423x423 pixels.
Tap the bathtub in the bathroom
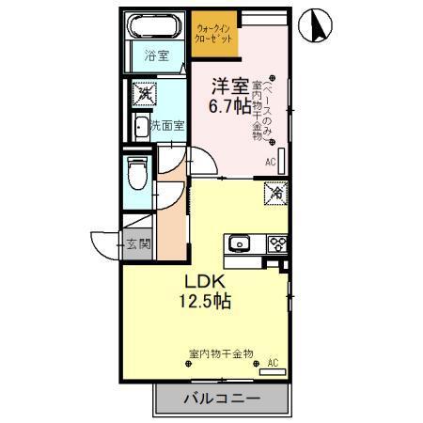click(x=155, y=27)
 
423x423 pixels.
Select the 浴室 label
click(x=155, y=56)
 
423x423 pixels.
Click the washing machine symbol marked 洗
click(x=144, y=94)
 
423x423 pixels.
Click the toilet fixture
click(x=138, y=173)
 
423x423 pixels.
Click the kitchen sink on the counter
click(x=239, y=244)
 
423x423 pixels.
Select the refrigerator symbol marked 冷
click(x=276, y=193)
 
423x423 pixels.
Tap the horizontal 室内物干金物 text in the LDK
click(x=221, y=353)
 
